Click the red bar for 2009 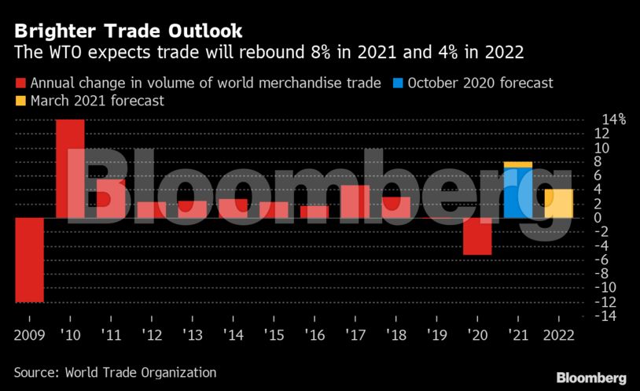pos(30,260)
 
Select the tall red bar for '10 pos(70,168)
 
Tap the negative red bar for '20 pos(477,236)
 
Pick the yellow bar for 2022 pos(559,203)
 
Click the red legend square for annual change pos(20,83)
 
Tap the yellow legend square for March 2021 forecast pos(20,101)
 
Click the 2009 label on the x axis pos(30,334)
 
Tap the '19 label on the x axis pos(436,334)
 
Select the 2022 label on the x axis pos(559,334)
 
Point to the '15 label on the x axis pos(274,334)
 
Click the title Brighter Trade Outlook pos(128,31)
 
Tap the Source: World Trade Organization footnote pos(115,372)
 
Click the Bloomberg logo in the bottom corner pos(591,378)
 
